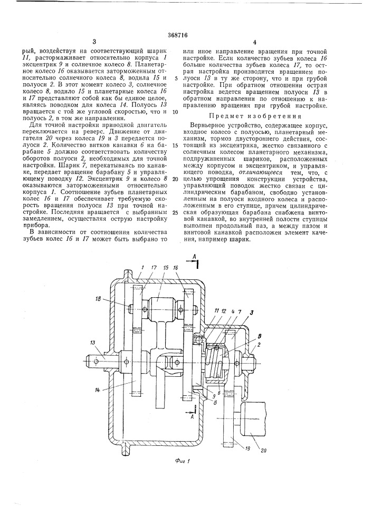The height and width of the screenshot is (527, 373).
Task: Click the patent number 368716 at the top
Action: click(x=186, y=31)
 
